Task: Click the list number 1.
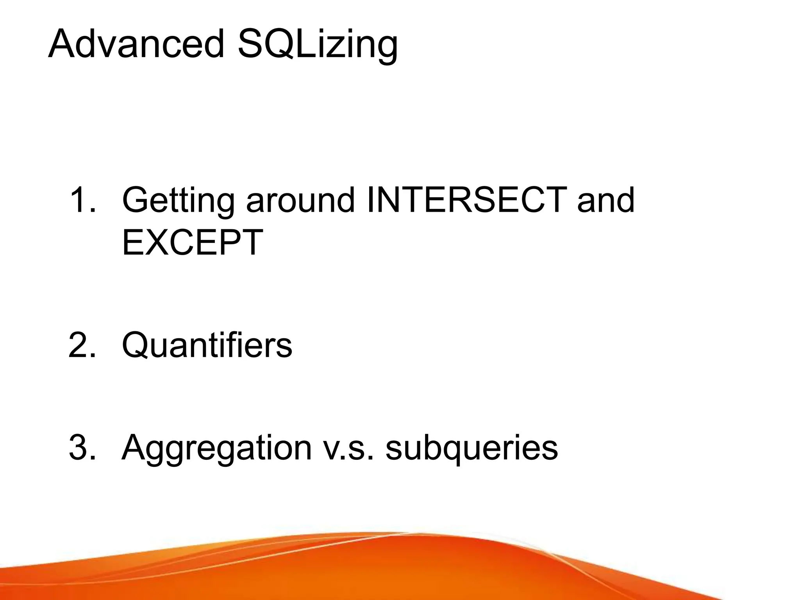[x=81, y=200]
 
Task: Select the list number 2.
[x=81, y=345]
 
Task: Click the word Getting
[x=178, y=201]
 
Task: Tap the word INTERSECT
[x=467, y=200]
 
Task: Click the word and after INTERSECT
[x=605, y=201]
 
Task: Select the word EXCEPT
[x=193, y=242]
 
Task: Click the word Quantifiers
[x=207, y=345]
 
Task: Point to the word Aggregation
[x=217, y=448]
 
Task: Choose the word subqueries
[x=471, y=448]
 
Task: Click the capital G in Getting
[x=137, y=200]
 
